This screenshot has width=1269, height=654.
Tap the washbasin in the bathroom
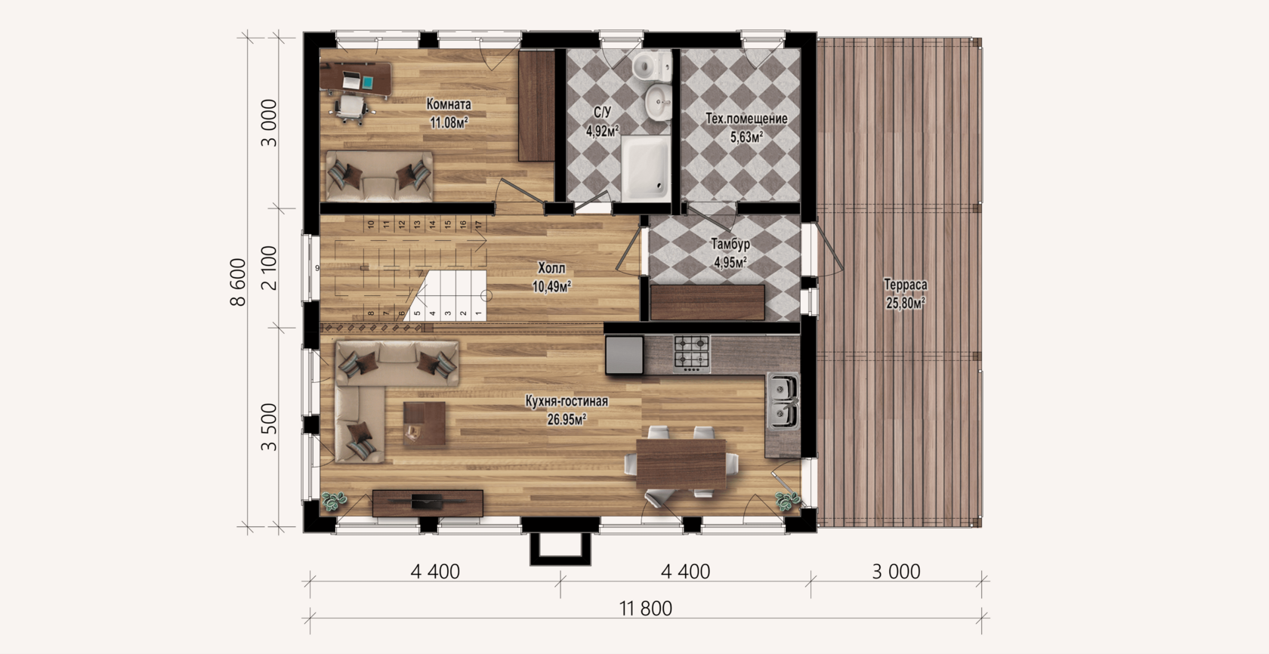pyautogui.click(x=659, y=103)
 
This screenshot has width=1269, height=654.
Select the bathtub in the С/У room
pyautogui.click(x=646, y=168)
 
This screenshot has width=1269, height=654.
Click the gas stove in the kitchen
pyautogui.click(x=692, y=354)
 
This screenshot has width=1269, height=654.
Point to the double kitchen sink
pyautogui.click(x=783, y=400)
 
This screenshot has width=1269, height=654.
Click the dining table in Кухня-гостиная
pyautogui.click(x=681, y=464)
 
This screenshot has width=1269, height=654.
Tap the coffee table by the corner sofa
pyautogui.click(x=425, y=423)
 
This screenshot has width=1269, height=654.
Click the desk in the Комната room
pyautogui.click(x=356, y=79)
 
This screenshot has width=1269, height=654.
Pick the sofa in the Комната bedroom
pyautogui.click(x=379, y=176)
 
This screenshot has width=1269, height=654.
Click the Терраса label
pyautogui.click(x=905, y=285)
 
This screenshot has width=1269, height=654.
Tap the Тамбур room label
pyautogui.click(x=730, y=244)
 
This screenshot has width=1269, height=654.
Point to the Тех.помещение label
pyautogui.click(x=746, y=119)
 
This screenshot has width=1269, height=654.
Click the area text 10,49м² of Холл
pyautogui.click(x=551, y=286)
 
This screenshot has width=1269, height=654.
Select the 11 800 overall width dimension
pyautogui.click(x=645, y=609)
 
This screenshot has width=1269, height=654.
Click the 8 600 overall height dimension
pyautogui.click(x=239, y=282)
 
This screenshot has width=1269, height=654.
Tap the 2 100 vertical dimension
pyautogui.click(x=269, y=268)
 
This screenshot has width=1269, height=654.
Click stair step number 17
pyautogui.click(x=478, y=225)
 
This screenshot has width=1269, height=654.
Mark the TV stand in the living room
pyautogui.click(x=428, y=503)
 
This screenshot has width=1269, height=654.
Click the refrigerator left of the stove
pyautogui.click(x=624, y=354)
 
